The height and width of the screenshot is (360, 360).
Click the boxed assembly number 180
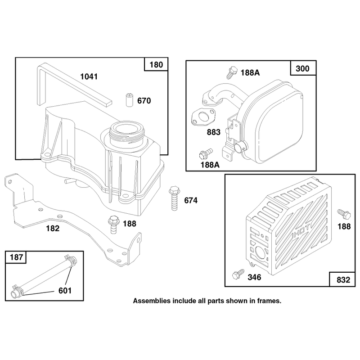[156, 64]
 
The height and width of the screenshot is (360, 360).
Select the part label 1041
[89, 76]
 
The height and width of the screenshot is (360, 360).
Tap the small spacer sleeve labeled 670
[130, 99]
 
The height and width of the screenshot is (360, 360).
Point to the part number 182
[53, 228]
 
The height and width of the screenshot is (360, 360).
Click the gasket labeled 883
[203, 117]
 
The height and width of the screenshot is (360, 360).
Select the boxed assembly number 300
[302, 68]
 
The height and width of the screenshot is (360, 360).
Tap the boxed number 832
[343, 280]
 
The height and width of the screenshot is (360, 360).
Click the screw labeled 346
[238, 274]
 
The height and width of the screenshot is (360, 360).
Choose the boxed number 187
[16, 257]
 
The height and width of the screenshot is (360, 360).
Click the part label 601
[65, 290]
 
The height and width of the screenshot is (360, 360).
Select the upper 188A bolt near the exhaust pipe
[232, 72]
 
